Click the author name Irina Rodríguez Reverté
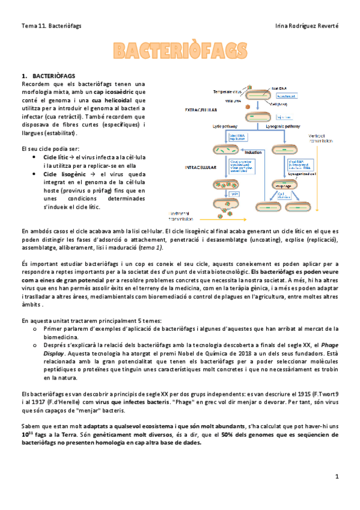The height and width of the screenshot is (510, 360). [307, 26]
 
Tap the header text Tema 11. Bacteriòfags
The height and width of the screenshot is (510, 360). [51, 26]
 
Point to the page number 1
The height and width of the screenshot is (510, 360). [337, 476]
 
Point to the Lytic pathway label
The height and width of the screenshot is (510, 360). [225, 127]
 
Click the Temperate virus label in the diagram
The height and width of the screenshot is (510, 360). [230, 91]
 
